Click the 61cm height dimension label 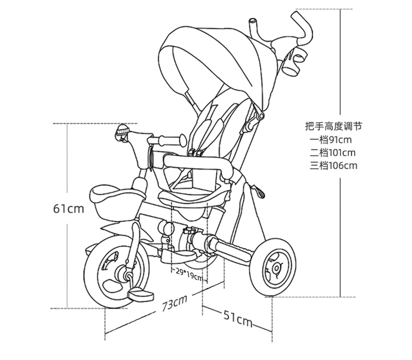click(69, 209)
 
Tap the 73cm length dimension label click(175, 303)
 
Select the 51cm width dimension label click(238, 318)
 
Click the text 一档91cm click(330, 140)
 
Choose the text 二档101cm click(332, 153)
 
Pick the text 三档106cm click(333, 165)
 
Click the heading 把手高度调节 click(333, 126)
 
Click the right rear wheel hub click(276, 268)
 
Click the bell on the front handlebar click(122, 131)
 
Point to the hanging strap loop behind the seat click(259, 191)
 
